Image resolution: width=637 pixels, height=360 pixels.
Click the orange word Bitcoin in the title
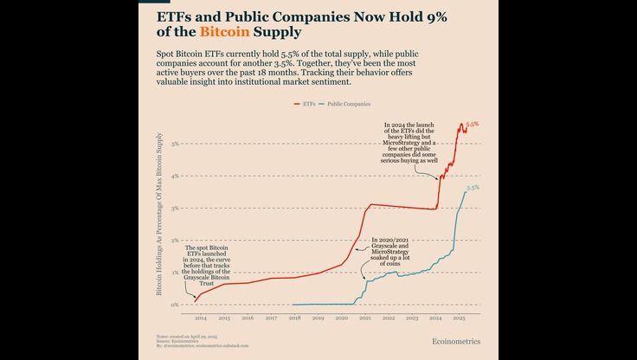tap(223, 32)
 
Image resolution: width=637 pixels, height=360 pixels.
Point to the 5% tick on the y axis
tap(175, 144)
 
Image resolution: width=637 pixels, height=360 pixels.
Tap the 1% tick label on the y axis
tap(175, 273)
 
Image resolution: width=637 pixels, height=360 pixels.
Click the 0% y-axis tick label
tap(175, 305)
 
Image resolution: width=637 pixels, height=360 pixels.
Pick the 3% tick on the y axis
tap(175, 209)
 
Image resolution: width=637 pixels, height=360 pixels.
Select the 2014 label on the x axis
tap(200, 318)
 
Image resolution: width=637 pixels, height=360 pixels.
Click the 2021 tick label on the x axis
tap(365, 318)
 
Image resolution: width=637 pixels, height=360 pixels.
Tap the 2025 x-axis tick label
tap(460, 318)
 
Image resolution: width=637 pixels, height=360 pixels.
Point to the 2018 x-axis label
tap(294, 318)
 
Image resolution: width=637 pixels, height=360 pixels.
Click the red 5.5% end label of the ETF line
tap(473, 125)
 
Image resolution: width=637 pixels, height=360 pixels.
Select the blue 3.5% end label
tap(473, 188)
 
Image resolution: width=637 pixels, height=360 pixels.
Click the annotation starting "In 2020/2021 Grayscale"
tap(395, 250)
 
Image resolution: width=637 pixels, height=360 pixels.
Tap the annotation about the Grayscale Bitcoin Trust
tap(207, 265)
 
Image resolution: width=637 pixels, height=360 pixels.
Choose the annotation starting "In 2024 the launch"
tap(411, 143)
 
